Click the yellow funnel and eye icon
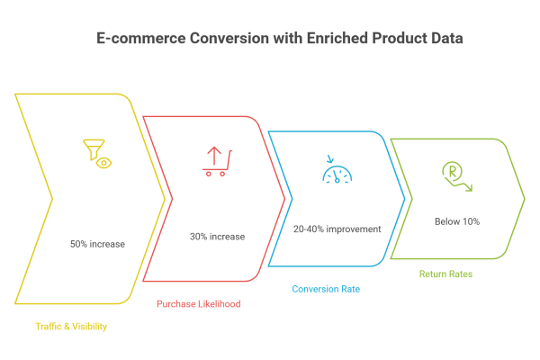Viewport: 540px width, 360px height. coord(97,152)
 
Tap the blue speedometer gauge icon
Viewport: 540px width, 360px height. coord(338,171)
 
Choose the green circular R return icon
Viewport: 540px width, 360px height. coord(455,176)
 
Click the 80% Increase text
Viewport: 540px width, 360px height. coord(97,244)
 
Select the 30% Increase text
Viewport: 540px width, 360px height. coord(217,236)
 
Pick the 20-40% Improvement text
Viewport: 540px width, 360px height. coord(337,229)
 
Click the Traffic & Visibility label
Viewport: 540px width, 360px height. coord(71,327)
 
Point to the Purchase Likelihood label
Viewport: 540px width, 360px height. coord(198,304)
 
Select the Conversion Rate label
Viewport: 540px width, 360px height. coord(320,289)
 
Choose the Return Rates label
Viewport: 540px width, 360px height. coord(446,274)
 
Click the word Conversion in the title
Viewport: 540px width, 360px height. coord(224,40)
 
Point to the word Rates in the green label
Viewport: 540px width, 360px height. coord(461,274)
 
